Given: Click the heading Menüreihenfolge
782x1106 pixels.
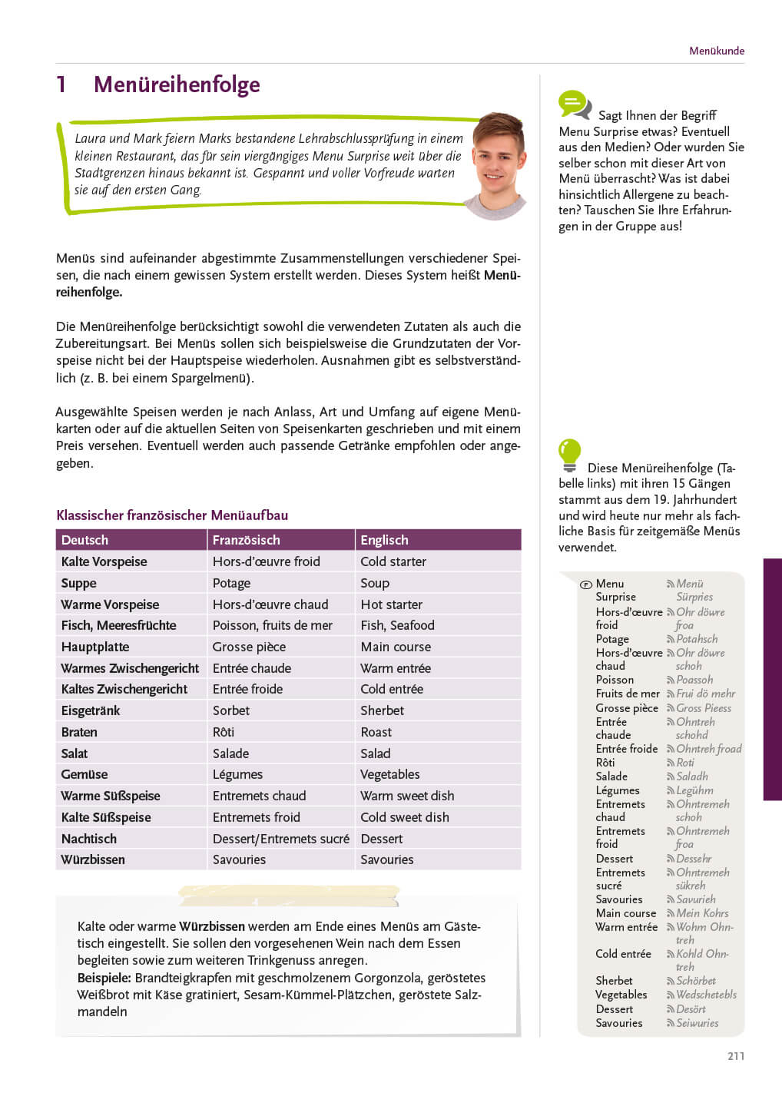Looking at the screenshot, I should click(x=177, y=84).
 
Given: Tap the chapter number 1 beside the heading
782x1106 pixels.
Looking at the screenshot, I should click(x=61, y=84).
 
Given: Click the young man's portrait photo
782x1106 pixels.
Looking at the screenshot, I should click(x=498, y=164).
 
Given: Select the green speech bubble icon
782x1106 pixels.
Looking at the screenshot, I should click(x=574, y=104).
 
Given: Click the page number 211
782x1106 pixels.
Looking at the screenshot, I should click(x=735, y=1056).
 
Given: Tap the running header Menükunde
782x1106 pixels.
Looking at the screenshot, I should click(x=716, y=51).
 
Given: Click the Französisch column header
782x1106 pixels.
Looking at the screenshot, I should click(x=246, y=540).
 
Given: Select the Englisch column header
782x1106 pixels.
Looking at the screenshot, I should click(x=384, y=540).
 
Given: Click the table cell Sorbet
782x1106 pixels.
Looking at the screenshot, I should click(x=230, y=710).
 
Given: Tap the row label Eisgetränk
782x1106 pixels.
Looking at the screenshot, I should click(x=91, y=710).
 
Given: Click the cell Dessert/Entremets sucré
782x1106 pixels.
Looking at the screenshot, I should click(x=280, y=839).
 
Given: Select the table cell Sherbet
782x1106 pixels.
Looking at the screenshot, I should click(x=382, y=710).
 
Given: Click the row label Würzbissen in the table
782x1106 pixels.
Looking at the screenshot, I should click(x=93, y=859).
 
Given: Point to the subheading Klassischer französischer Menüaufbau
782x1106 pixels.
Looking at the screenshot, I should click(x=172, y=515).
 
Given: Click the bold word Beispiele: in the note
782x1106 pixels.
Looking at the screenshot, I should click(x=104, y=978).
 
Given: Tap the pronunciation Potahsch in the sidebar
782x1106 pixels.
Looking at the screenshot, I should click(x=697, y=639).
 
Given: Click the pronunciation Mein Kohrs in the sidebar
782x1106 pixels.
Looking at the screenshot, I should click(x=702, y=913).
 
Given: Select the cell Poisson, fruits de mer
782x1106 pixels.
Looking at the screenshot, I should click(x=272, y=625).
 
